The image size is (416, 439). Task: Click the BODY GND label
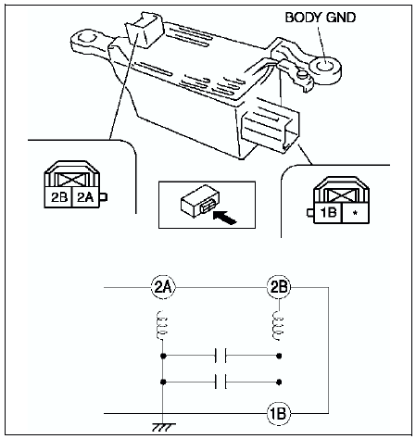(x=321, y=18)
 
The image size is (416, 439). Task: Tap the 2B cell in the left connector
(x=58, y=197)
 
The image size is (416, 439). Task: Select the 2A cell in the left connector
(x=85, y=197)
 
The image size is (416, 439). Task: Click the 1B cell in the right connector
(x=328, y=213)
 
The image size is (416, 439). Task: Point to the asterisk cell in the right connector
(x=355, y=213)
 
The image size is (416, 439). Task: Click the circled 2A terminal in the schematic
(x=163, y=287)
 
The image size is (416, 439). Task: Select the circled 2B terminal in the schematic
(x=279, y=287)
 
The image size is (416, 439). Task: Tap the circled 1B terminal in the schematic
(x=279, y=413)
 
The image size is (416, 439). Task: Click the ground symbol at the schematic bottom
(x=163, y=427)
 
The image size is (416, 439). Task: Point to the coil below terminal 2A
(x=162, y=325)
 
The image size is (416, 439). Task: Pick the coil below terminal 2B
(x=278, y=326)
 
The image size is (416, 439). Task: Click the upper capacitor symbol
(x=221, y=356)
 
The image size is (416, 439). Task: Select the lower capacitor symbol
(x=221, y=382)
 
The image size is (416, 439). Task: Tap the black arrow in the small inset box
(x=225, y=217)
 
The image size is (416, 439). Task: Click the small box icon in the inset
(x=200, y=201)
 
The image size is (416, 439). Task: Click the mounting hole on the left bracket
(x=84, y=38)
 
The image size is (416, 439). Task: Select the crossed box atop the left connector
(x=71, y=179)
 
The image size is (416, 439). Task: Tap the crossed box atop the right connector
(x=341, y=195)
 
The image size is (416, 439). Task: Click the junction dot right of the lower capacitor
(x=279, y=382)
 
